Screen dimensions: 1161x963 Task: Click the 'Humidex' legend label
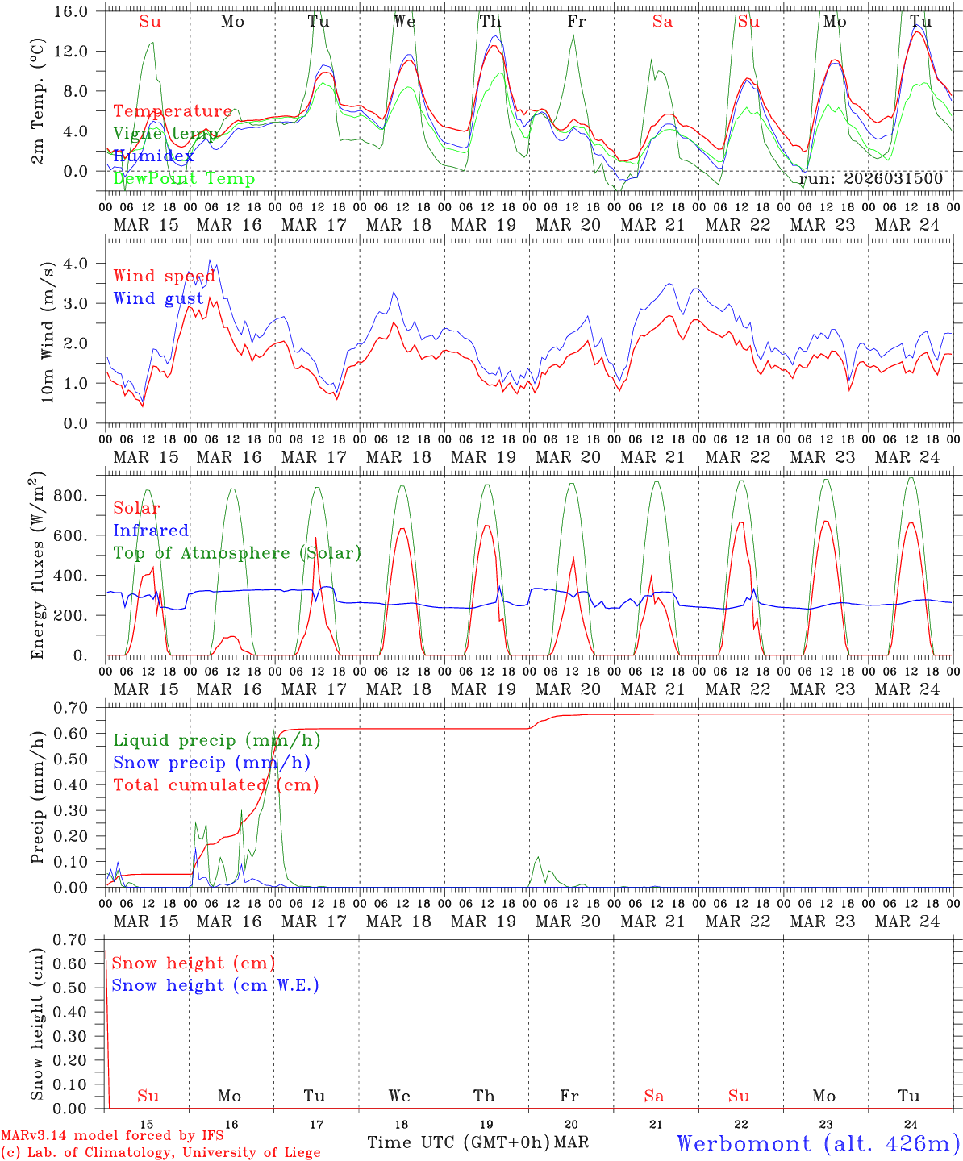click(153, 156)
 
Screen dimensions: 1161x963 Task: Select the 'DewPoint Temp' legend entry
click(184, 179)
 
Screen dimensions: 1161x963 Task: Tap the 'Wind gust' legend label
click(158, 298)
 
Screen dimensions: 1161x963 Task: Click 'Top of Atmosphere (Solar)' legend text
click(237, 553)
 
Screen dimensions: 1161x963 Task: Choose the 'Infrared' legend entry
click(151, 531)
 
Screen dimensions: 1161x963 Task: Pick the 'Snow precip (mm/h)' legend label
click(212, 763)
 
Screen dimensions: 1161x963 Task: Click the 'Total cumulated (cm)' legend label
click(216, 785)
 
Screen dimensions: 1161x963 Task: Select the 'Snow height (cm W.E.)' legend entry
click(215, 985)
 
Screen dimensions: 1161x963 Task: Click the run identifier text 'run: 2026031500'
click(870, 179)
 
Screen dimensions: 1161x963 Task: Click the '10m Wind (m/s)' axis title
click(47, 332)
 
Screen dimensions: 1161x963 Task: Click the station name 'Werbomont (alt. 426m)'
click(818, 1143)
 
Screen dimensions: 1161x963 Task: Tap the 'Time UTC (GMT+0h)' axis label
click(458, 1142)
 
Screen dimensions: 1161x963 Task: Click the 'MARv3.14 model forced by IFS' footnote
click(112, 1136)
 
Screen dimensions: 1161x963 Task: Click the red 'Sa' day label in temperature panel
click(662, 22)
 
